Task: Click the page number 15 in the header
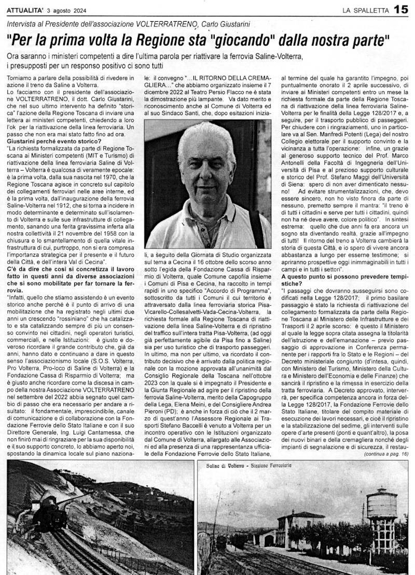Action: point(402,9)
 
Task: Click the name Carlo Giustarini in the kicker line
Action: point(230,24)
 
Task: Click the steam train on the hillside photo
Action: point(48,510)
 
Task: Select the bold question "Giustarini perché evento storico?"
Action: point(54,140)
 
